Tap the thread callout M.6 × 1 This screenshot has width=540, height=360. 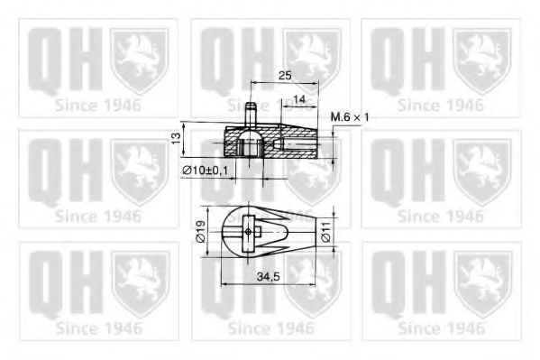click(351, 117)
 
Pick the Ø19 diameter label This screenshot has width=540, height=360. click(201, 231)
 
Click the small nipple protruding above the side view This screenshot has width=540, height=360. click(252, 113)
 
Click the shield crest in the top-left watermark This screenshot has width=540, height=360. click(139, 59)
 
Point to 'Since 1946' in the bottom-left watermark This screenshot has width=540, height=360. click(97, 328)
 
